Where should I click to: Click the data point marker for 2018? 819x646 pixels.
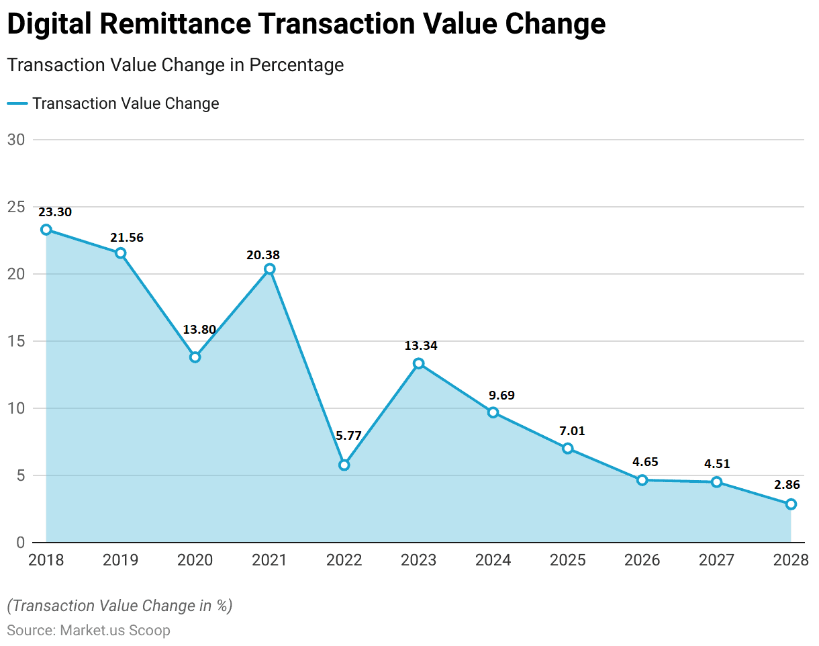click(46, 230)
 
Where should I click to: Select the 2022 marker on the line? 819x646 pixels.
click(344, 465)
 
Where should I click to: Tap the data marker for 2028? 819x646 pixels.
click(791, 504)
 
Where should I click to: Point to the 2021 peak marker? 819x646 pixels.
click(270, 269)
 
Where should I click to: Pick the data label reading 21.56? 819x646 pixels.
click(127, 238)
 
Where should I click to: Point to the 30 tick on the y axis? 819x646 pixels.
click(16, 140)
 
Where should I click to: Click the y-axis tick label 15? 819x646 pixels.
click(16, 341)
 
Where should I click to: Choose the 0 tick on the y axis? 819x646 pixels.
click(20, 543)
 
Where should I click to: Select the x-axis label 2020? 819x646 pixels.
click(195, 560)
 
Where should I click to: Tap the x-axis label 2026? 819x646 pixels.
click(642, 560)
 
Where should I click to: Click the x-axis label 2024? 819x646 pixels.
click(493, 560)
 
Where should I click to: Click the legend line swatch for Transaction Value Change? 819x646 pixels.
click(17, 103)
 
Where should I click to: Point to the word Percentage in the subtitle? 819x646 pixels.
click(297, 65)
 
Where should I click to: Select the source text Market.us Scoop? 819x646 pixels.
click(115, 631)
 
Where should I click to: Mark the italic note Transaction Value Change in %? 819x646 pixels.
click(119, 606)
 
